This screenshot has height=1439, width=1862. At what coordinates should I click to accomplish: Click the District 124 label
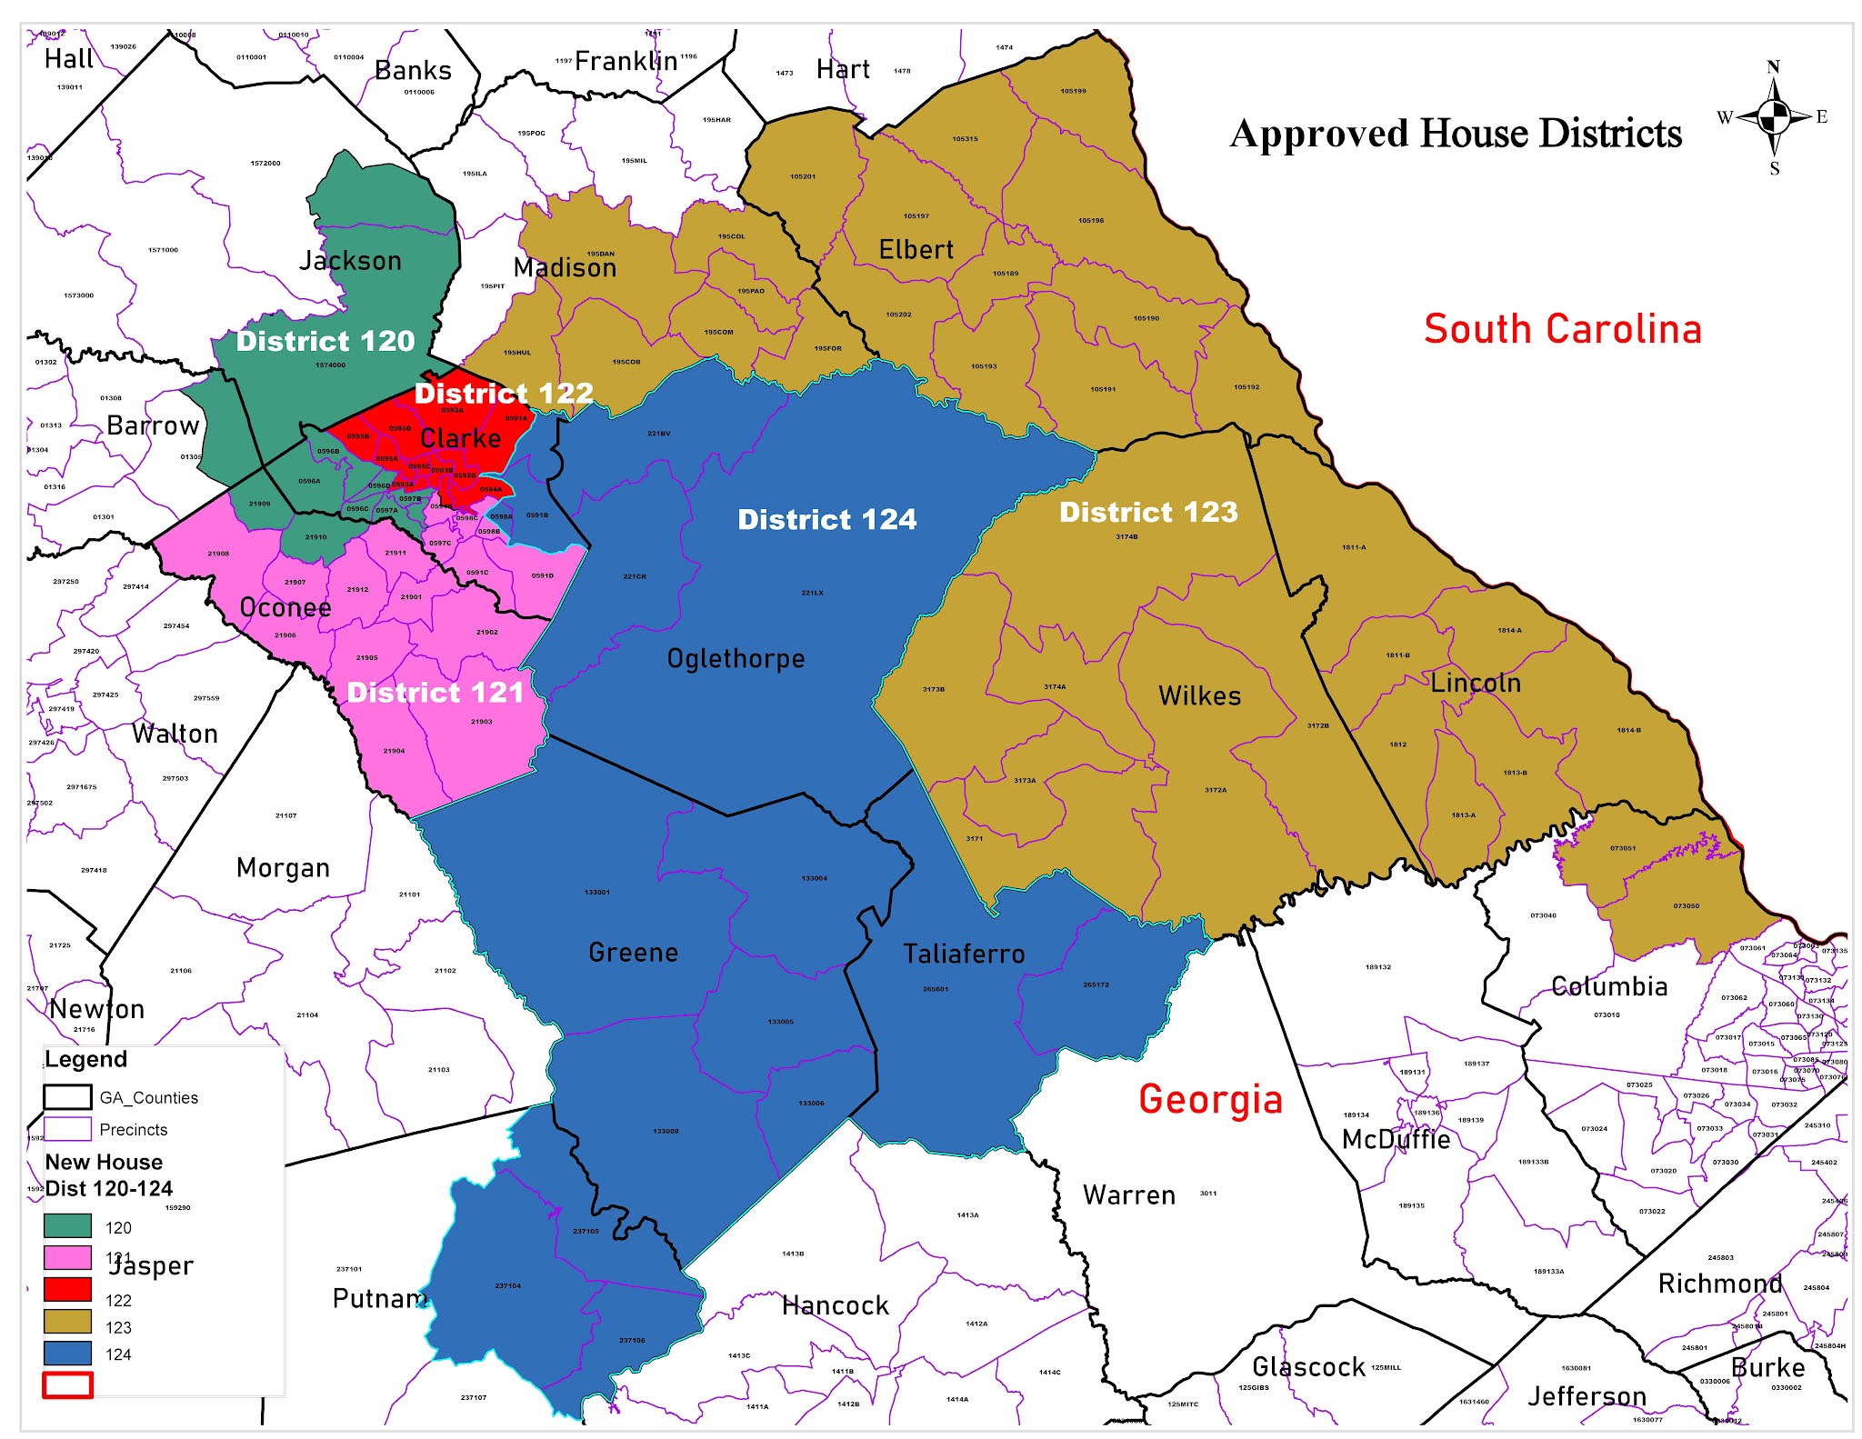click(x=826, y=519)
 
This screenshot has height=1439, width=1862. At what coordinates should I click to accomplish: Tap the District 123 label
click(x=1148, y=512)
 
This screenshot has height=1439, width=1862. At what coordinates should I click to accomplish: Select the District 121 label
click(x=435, y=693)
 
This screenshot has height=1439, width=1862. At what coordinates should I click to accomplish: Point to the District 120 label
click(x=325, y=341)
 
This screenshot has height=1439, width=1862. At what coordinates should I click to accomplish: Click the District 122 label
click(x=503, y=393)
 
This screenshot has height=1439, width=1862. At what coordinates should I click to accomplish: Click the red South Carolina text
click(x=1561, y=329)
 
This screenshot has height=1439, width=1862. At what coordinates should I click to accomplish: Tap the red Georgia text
click(x=1210, y=1099)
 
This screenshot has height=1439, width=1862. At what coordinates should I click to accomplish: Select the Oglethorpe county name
click(x=736, y=658)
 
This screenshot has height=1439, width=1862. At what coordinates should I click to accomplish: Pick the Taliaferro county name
click(x=964, y=954)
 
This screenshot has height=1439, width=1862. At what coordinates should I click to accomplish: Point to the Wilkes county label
click(x=1199, y=695)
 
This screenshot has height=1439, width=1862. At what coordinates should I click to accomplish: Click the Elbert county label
click(x=916, y=250)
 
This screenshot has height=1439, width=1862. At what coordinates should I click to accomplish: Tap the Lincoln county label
click(x=1475, y=683)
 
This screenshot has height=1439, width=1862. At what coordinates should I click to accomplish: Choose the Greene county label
click(x=633, y=953)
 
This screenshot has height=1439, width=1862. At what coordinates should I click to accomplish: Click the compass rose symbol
click(x=1773, y=117)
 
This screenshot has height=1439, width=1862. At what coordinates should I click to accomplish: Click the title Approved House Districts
click(x=1455, y=134)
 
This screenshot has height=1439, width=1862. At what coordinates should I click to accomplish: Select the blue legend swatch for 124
click(x=67, y=1354)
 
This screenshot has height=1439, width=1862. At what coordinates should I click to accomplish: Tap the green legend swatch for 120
click(x=67, y=1226)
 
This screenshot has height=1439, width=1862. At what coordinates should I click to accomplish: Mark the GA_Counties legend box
click(x=67, y=1097)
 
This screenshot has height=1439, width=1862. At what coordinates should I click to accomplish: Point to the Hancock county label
click(x=835, y=1306)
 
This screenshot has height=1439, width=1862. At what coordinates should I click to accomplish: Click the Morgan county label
click(x=283, y=868)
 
